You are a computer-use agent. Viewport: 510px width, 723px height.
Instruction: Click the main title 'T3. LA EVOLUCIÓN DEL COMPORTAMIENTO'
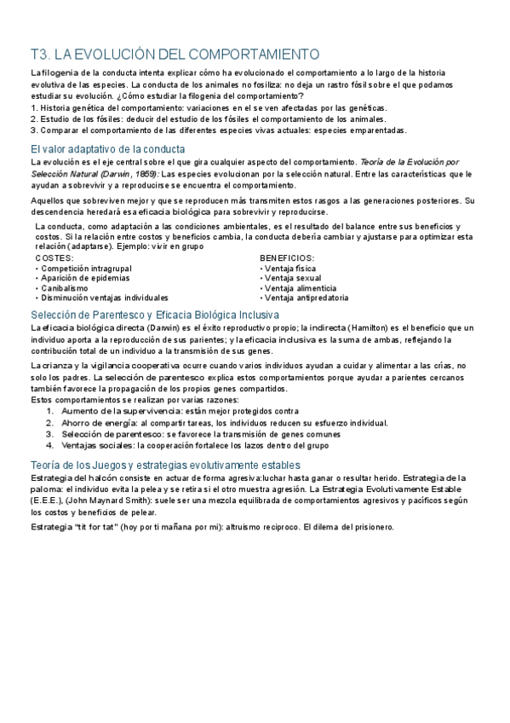tap(175, 54)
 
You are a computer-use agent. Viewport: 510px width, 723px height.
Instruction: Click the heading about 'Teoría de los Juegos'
tap(165, 465)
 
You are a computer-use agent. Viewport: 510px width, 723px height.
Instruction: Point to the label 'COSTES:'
tap(54, 257)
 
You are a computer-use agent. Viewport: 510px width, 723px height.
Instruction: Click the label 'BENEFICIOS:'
tap(287, 257)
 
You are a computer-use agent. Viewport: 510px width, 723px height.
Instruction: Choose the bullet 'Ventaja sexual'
tap(293, 278)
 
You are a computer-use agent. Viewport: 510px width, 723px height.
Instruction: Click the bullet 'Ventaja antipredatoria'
tap(306, 298)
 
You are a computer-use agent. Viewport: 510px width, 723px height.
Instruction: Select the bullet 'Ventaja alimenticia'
tap(301, 288)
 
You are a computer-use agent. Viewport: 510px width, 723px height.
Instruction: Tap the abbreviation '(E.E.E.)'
tap(44, 500)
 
